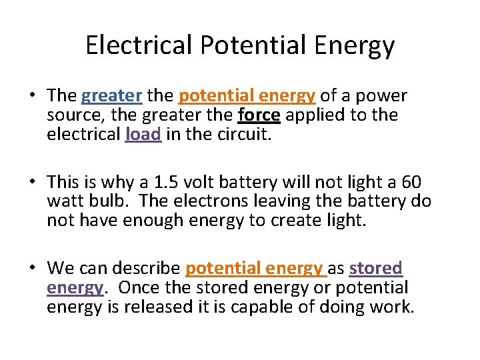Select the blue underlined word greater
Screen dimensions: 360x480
(x=111, y=97)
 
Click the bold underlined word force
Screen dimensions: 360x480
(x=259, y=115)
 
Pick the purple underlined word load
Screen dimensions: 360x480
(x=143, y=134)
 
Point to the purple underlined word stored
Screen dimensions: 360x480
(x=376, y=269)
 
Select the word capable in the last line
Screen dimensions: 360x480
(x=249, y=307)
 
